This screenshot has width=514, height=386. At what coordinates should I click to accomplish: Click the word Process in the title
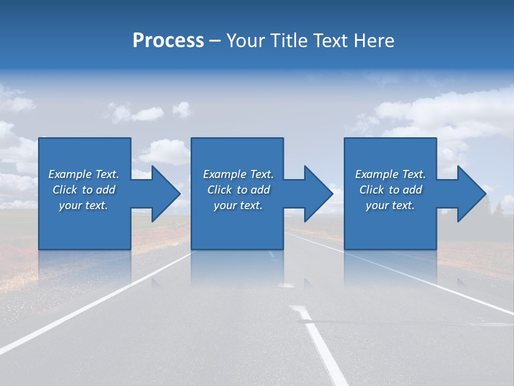(168, 41)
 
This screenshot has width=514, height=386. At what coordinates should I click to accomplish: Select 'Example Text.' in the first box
(84, 174)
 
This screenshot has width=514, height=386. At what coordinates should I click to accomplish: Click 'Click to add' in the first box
(84, 190)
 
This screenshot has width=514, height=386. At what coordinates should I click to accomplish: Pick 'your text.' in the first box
(84, 205)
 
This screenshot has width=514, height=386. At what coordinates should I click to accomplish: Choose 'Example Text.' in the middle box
(238, 174)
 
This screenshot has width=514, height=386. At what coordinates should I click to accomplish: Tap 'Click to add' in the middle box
(238, 190)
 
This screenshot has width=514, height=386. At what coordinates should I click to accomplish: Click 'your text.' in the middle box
(238, 205)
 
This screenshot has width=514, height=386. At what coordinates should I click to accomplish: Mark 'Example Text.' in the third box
(390, 174)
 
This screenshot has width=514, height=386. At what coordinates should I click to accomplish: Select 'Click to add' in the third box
(390, 190)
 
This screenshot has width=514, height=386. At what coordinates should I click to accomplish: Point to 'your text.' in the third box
(390, 205)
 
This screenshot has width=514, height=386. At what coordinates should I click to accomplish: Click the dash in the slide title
(215, 41)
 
